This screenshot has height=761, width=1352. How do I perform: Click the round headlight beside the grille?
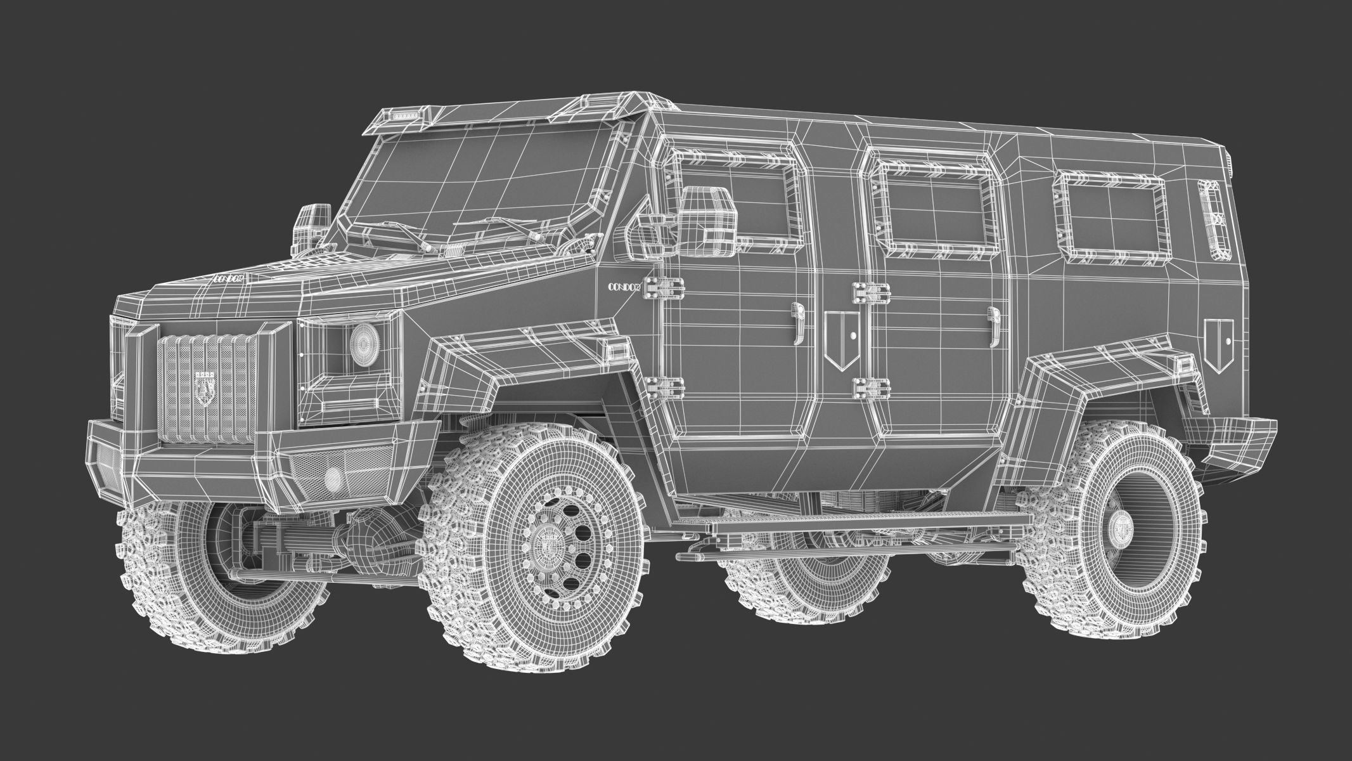pos(363,343)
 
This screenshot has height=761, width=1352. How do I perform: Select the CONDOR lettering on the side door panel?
pos(625,287)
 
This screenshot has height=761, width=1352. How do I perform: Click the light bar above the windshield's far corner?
pos(401,117)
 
